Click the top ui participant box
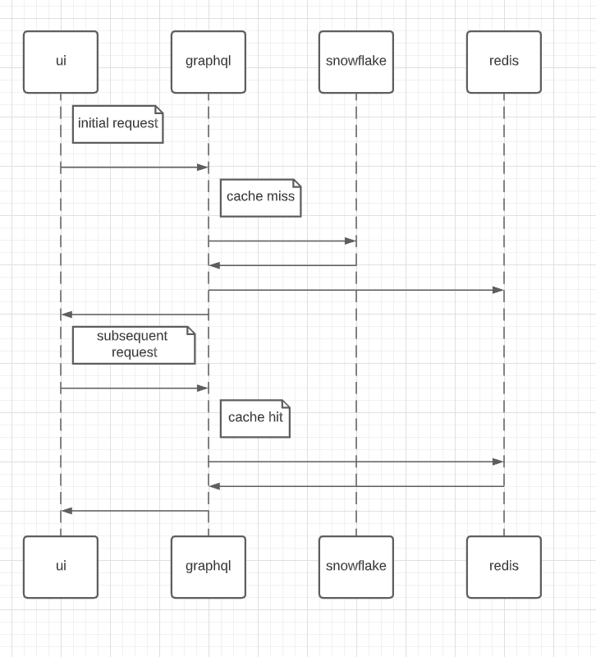coord(61,62)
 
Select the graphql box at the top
coord(208,62)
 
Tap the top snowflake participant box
coord(355,62)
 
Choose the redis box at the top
coord(503,62)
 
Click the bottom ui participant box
coord(61,567)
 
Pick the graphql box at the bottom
coord(208,567)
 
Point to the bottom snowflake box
coord(355,567)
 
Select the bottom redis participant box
coord(503,567)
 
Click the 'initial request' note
coord(117,124)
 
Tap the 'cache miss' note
coord(260,198)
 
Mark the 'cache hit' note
coord(254,418)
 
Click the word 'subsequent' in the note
coord(132,336)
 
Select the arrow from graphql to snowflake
coord(282,241)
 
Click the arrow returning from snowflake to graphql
coord(282,265)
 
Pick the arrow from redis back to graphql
coord(355,486)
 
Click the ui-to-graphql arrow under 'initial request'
coord(134,168)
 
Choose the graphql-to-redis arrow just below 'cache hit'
coord(355,462)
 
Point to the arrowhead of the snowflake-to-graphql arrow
coord(214,265)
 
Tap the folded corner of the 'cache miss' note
coord(296,183)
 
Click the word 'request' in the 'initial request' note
coord(135,123)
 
